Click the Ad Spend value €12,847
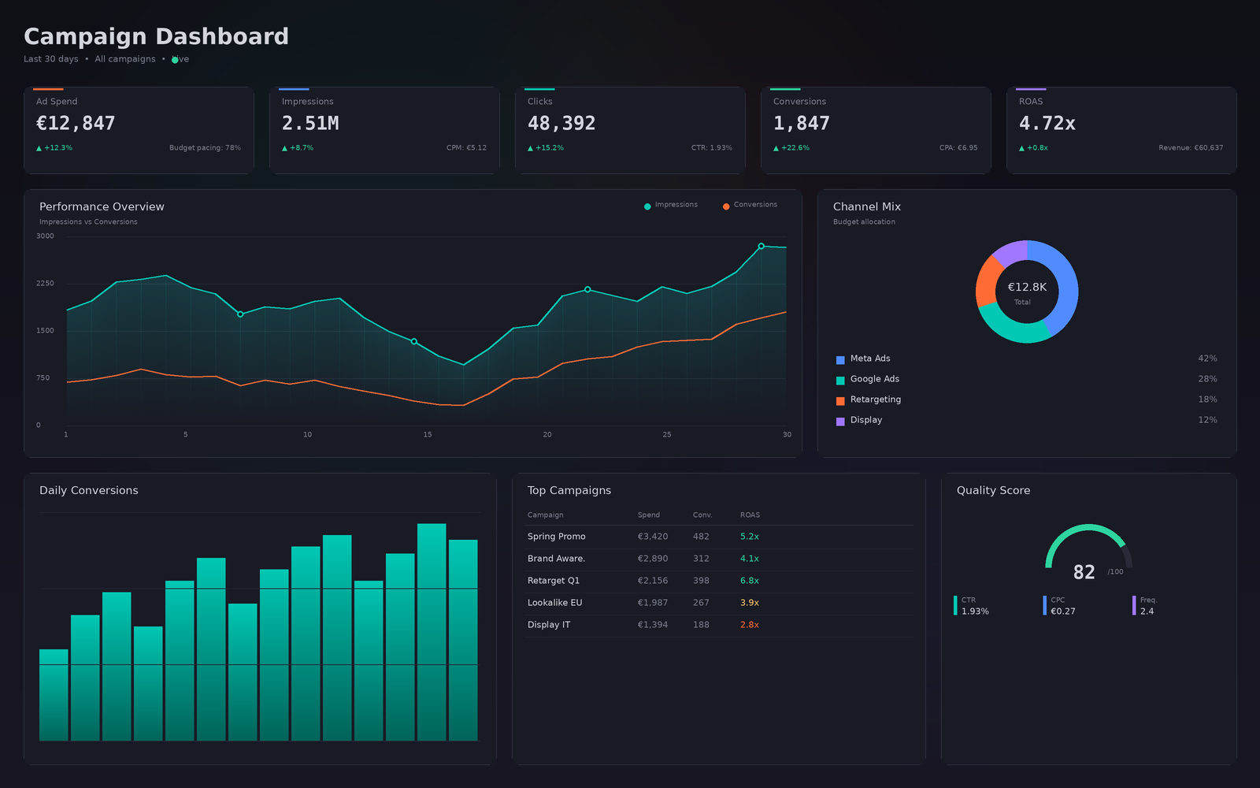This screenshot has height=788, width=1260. coord(76,124)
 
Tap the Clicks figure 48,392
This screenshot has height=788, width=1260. coord(561,124)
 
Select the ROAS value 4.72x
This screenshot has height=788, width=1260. coord(1047,124)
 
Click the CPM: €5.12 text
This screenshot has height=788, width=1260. coord(466,148)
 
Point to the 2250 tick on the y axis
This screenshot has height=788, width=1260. coord(45,284)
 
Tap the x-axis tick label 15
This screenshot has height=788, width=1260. coord(428,435)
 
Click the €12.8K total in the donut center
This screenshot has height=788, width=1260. coord(1027,288)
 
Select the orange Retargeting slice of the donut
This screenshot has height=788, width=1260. coord(987,281)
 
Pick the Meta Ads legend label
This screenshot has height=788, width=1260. coord(870,359)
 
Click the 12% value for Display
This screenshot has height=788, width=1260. coord(1207,420)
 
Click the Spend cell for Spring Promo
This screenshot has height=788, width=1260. coord(653,537)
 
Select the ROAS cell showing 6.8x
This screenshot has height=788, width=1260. coord(749,581)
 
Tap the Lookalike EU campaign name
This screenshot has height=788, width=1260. coord(554,603)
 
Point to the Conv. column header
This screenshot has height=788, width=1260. coord(702,515)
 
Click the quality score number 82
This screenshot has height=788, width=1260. coord(1084,573)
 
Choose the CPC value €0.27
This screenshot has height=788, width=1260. coord(1063,611)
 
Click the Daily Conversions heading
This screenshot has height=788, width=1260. coord(89,490)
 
